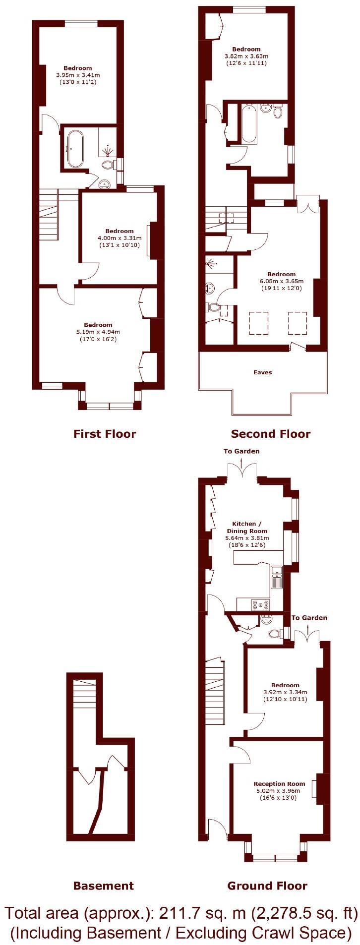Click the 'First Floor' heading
click(x=104, y=434)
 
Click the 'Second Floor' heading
click(x=270, y=434)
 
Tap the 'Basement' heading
click(x=103, y=886)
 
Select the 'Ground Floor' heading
click(x=267, y=886)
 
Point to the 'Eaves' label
click(x=262, y=372)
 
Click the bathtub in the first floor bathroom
click(x=76, y=149)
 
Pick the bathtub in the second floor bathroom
click(x=249, y=124)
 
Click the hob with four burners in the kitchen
click(x=261, y=604)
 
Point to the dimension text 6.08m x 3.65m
click(x=281, y=281)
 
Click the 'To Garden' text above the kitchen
click(x=241, y=451)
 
